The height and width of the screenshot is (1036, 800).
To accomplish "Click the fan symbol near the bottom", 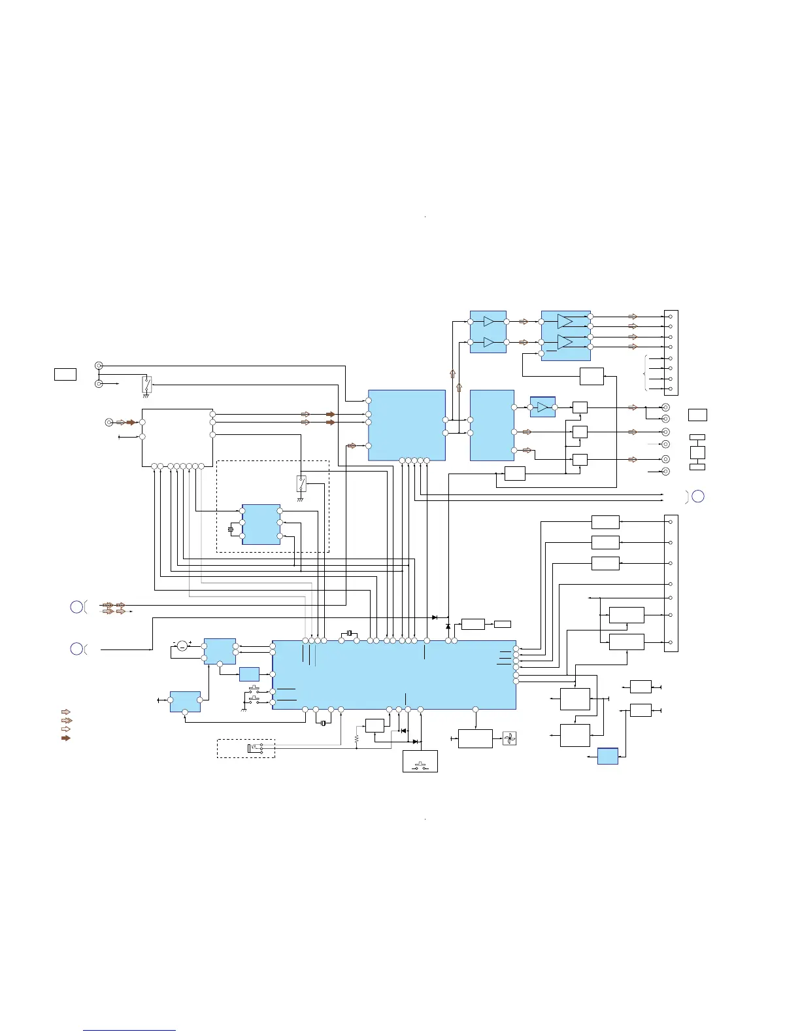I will [510, 738].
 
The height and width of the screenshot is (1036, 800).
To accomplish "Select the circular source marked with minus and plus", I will [182, 646].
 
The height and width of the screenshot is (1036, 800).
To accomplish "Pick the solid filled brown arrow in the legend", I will [65, 738].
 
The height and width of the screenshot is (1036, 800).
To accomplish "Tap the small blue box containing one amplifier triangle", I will [542, 407].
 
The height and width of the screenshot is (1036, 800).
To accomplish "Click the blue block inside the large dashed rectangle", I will [261, 524].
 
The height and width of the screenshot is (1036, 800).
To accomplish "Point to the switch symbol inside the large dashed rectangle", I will [301, 484].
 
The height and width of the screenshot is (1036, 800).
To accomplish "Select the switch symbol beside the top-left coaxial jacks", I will [146, 385].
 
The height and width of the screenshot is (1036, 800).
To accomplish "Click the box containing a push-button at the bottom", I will [420, 761].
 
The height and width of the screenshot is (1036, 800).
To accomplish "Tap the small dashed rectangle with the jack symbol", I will [246, 748].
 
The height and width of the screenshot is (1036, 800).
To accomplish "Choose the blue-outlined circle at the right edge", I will [698, 496].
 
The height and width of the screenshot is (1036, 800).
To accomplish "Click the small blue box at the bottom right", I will [608, 756].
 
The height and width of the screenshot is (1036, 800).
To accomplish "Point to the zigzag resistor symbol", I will [357, 738].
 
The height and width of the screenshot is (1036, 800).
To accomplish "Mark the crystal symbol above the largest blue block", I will [350, 633].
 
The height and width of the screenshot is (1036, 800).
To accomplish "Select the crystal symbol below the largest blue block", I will [323, 723].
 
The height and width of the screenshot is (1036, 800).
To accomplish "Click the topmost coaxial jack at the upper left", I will [99, 366].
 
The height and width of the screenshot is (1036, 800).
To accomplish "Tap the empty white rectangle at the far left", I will [65, 374].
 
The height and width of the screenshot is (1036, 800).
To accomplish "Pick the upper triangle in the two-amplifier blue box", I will [488, 321].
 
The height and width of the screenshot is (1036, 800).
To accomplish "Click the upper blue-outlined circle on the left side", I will [76, 607].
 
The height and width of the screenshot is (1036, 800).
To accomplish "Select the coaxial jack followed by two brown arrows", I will [109, 423].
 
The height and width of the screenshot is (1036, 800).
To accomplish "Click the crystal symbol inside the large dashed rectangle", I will [231, 529].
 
